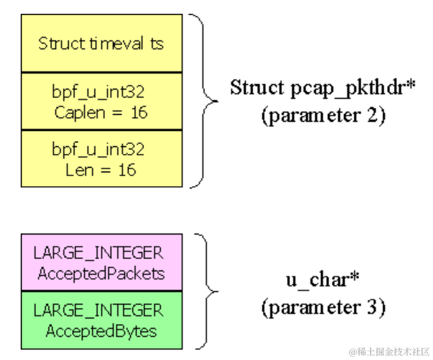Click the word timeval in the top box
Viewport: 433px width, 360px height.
[x=116, y=44]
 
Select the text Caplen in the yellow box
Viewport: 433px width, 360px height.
[x=80, y=113]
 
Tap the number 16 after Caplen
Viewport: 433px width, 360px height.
[x=139, y=113]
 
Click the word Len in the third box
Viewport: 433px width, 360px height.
[x=80, y=170]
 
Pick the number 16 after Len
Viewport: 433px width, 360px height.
[x=127, y=170]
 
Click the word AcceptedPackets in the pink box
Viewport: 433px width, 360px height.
[x=101, y=274]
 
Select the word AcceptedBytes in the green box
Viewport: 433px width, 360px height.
[x=101, y=331]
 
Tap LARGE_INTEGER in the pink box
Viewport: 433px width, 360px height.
[x=98, y=253]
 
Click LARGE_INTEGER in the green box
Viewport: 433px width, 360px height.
[x=98, y=310]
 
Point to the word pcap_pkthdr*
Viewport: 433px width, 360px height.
[x=353, y=89]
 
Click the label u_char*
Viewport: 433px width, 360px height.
[x=323, y=280]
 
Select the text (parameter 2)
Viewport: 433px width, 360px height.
[x=323, y=116]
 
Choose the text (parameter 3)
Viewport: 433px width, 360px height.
[x=323, y=308]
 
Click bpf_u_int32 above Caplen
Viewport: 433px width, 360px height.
[x=98, y=92]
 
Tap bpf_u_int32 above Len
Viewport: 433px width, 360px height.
[x=98, y=149]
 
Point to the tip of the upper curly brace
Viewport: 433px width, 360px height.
[x=218, y=101]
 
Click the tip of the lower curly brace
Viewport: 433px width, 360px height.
[x=218, y=291]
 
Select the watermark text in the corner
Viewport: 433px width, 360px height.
[x=389, y=352]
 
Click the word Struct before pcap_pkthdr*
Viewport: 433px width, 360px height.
[x=258, y=87]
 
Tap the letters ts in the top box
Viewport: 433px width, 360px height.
[x=157, y=44]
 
